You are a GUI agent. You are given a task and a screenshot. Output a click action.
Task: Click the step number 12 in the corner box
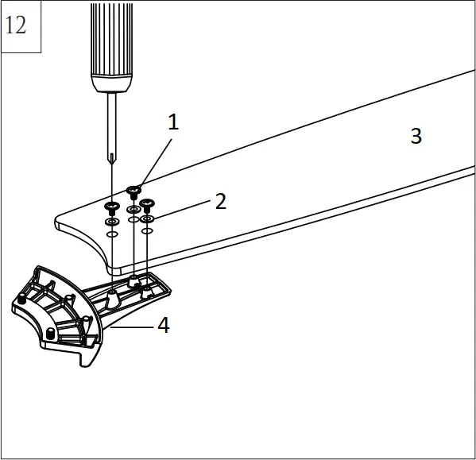[x=16, y=25]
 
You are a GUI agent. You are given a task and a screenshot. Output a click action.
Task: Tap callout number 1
[x=173, y=122]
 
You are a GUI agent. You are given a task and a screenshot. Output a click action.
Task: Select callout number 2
[x=220, y=201]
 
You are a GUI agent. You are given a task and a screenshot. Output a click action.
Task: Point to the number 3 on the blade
[x=416, y=136]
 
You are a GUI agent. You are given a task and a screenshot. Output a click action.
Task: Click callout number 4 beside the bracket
[x=163, y=325]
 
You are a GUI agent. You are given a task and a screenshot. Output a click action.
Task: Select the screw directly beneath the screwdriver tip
[x=112, y=207]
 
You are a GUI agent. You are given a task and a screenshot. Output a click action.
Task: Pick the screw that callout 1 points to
[x=134, y=191]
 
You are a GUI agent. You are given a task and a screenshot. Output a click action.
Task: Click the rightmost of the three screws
[x=146, y=203]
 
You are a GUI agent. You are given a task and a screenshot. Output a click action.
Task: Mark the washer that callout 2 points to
[x=147, y=217]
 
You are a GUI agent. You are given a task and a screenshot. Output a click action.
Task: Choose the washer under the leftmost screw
[x=112, y=222]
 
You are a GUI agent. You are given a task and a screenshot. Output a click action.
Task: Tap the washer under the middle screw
[x=134, y=209]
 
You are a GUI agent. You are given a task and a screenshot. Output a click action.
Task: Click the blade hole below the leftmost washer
[x=112, y=235]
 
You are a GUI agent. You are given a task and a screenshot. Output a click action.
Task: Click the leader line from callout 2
[x=183, y=208]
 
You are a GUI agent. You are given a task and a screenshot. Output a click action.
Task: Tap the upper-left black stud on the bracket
[x=21, y=300]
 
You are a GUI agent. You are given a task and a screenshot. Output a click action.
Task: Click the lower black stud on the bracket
[x=51, y=332]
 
